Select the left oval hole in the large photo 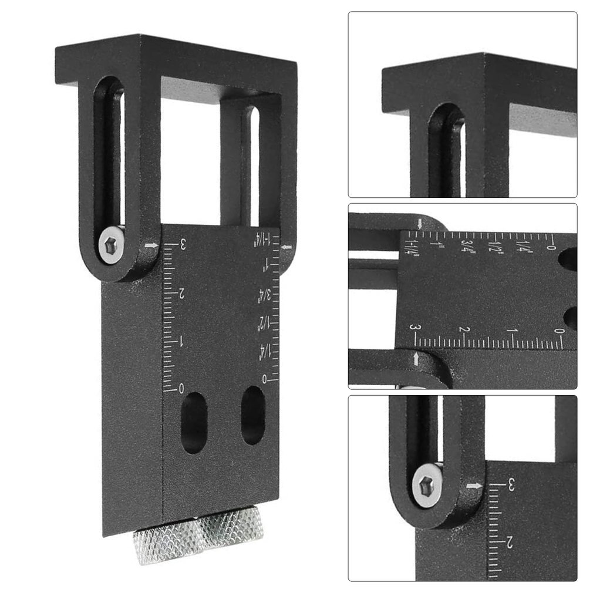point(194,423)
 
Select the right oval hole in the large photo point(253,415)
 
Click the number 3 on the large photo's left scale point(183,245)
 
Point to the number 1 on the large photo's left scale point(180,342)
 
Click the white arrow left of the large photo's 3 point(151,246)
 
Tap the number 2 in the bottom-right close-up point(510,542)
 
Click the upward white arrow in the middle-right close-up point(416,358)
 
